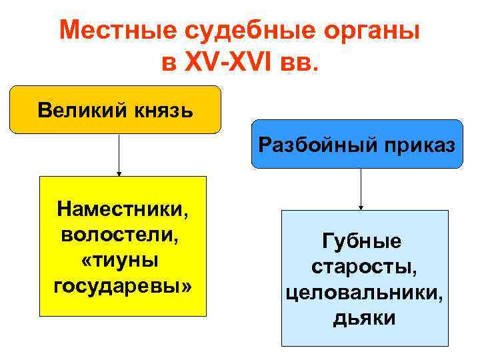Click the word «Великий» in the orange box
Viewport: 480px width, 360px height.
[75, 109]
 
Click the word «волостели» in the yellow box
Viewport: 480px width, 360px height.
[120, 235]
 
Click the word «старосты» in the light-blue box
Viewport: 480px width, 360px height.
[364, 267]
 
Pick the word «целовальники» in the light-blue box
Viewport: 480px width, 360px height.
[364, 293]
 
